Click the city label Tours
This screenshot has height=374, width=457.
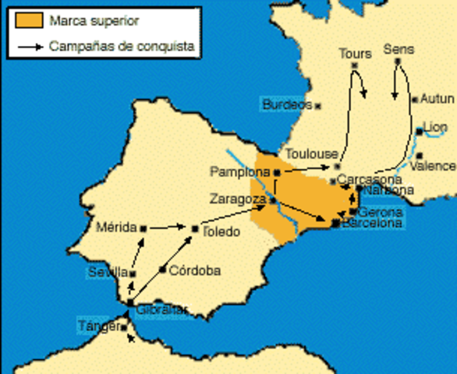click(355, 54)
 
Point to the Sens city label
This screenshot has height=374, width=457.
click(399, 49)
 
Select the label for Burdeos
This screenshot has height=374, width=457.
click(286, 104)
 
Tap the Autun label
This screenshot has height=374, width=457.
click(437, 99)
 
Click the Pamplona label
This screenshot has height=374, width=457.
click(239, 171)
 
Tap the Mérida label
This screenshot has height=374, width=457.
click(115, 228)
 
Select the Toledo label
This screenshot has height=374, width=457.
click(221, 231)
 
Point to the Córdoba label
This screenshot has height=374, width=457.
click(194, 270)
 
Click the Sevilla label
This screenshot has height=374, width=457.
click(108, 272)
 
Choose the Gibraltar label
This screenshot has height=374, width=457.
click(161, 309)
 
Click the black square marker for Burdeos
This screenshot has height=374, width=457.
click(318, 105)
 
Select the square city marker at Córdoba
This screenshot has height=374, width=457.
click(163, 270)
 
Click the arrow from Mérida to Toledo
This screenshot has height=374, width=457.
click(168, 228)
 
